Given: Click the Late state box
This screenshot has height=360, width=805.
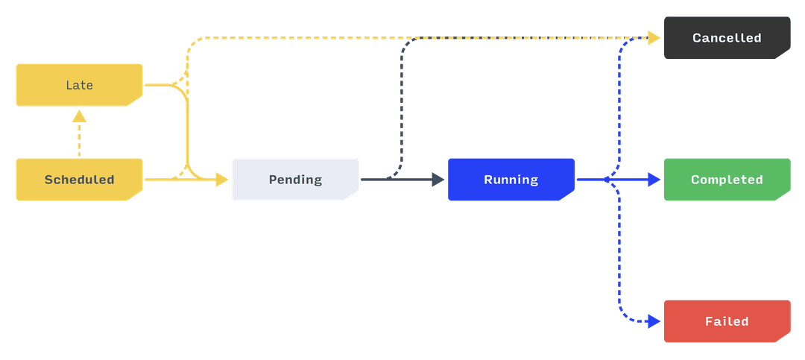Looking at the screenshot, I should tap(79, 85).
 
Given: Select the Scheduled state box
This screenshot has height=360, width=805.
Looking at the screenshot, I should tap(79, 180).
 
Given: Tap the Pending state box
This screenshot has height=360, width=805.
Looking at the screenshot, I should tap(295, 180).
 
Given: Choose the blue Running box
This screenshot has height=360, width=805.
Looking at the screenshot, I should tap(511, 180).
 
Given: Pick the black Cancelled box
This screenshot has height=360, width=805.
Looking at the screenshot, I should tap(727, 38).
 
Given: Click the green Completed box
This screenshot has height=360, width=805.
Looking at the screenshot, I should tap(727, 180).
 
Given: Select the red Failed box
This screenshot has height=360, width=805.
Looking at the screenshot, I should tap(727, 321).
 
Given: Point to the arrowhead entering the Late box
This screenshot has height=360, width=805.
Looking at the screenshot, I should tap(79, 116).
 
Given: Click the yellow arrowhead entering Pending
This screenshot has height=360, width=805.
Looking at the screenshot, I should tap(222, 180).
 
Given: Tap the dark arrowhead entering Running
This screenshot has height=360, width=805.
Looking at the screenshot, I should tap(439, 180).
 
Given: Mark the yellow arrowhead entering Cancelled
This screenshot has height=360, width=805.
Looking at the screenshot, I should tap(654, 38).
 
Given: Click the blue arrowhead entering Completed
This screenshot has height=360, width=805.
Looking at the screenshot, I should tap(654, 180).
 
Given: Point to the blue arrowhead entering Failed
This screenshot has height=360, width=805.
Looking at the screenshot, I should tap(654, 321).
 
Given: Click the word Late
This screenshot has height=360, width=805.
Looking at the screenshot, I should tap(79, 85).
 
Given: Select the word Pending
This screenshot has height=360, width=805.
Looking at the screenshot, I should tap(295, 180).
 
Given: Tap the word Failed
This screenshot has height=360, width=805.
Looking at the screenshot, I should tap(727, 321).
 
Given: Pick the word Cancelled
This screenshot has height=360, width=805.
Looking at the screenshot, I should tap(727, 38).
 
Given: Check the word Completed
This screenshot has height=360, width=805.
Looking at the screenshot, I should tap(727, 180).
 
